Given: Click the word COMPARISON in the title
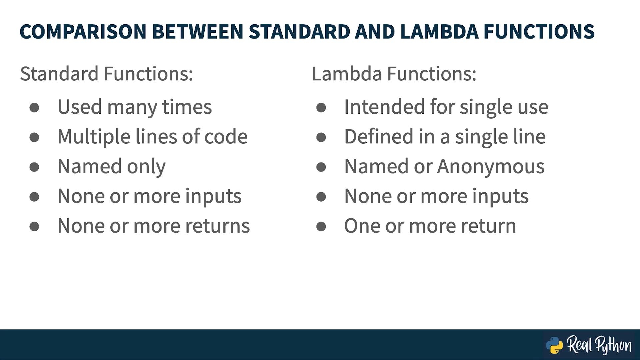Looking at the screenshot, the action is [83, 32].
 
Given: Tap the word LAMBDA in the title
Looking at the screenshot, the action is [439, 32].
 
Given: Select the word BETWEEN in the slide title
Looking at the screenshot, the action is [198, 32].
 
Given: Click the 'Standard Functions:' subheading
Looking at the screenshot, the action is [107, 74].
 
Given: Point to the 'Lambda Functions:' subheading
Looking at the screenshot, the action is [394, 74].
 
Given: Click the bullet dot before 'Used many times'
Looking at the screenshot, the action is [34, 107].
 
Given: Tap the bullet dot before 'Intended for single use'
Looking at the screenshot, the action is [321, 107].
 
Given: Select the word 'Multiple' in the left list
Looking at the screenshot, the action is [94, 137].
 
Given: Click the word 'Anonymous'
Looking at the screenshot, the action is [491, 167].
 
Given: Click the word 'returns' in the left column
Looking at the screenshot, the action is [217, 226].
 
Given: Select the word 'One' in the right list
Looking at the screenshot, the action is [362, 226].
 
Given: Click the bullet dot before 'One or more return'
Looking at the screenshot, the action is [321, 227].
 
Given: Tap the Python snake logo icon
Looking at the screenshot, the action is [554, 345].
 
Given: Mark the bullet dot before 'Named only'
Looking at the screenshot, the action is [34, 167].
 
